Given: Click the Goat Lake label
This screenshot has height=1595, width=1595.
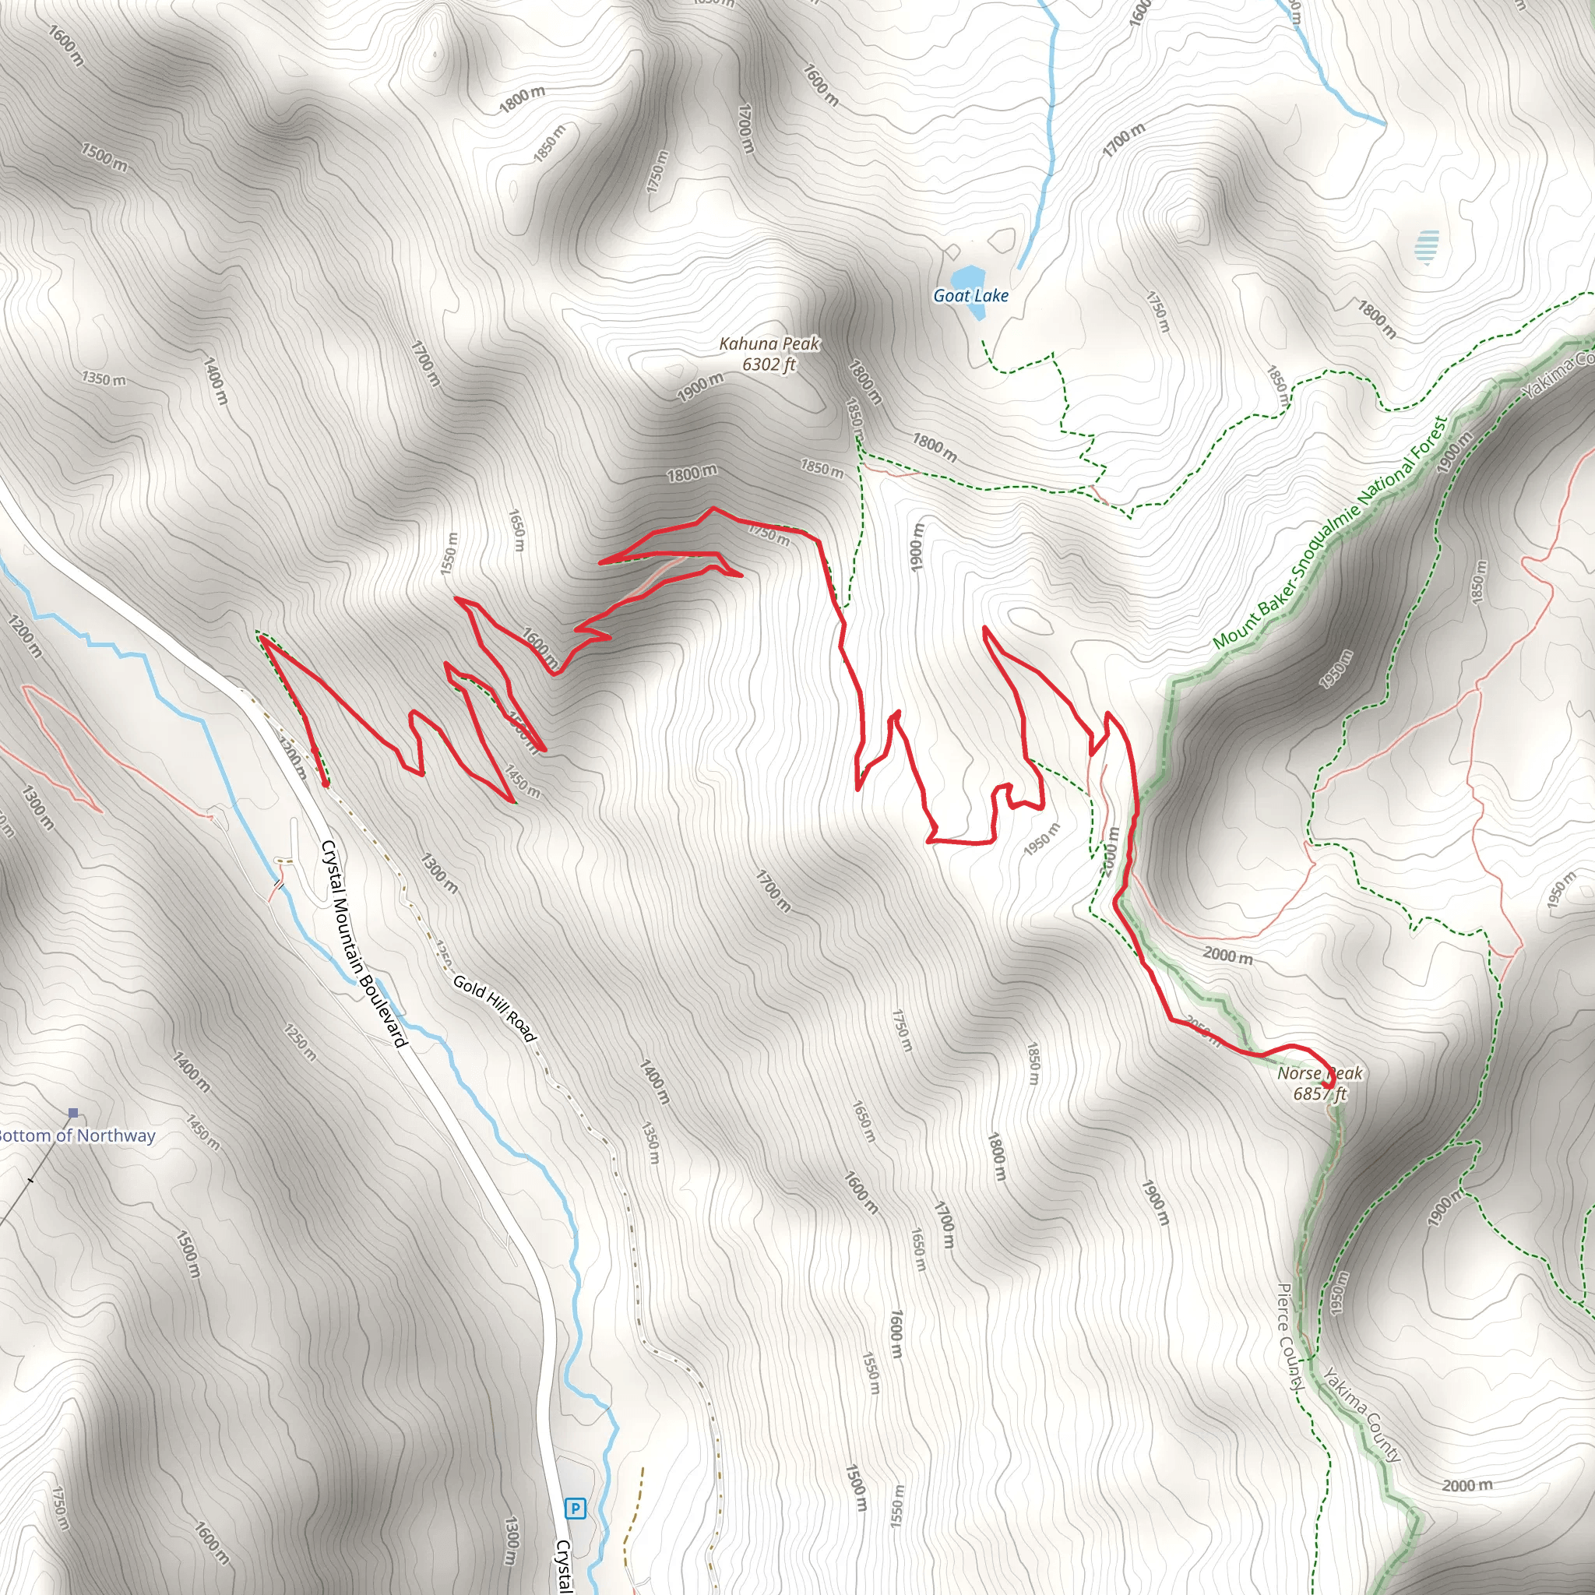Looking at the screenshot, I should (971, 295).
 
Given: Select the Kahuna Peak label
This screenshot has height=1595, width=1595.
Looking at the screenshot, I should (769, 343).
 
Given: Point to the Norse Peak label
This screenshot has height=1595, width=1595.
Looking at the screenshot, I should (1319, 1073).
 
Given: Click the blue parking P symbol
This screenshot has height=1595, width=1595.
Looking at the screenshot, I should (575, 1509).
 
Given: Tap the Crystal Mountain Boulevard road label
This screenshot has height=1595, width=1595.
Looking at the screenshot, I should (364, 944).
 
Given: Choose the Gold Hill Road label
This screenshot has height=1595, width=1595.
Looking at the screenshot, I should (495, 1008).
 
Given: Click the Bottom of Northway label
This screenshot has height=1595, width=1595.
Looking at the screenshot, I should (76, 1136).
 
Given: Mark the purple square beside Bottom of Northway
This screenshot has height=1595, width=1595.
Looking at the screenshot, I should (73, 1113).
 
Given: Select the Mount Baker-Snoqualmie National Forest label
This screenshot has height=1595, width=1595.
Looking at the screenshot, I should (1329, 533).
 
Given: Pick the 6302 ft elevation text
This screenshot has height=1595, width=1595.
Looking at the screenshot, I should (769, 364).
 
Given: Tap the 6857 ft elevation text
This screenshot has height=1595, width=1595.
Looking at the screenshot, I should (1319, 1094).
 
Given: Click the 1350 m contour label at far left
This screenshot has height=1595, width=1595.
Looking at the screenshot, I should (104, 379).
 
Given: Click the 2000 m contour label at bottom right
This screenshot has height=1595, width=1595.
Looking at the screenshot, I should (1467, 1485).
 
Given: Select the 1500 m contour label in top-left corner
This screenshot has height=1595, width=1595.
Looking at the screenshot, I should (104, 157).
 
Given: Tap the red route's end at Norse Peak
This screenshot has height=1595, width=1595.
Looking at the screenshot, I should (1328, 1083).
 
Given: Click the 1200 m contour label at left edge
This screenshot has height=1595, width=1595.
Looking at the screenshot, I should (24, 635).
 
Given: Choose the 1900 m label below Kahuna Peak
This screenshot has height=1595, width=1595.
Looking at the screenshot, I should (700, 386).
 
